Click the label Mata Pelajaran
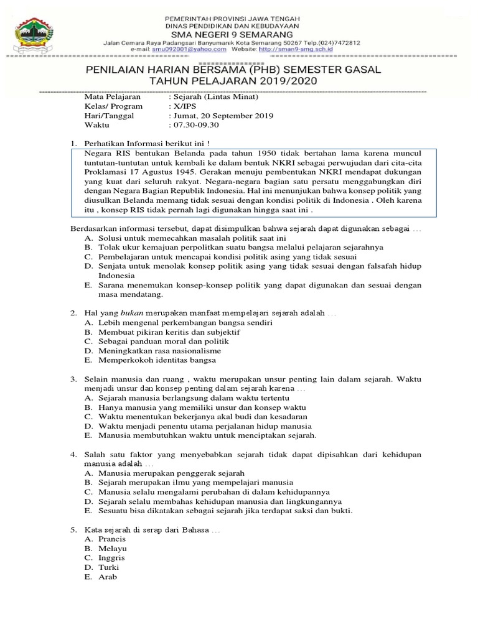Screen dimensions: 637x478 pos(113,97)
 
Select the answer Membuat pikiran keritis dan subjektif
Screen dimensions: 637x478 pos(168,332)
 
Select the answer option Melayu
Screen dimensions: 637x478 pos(113,549)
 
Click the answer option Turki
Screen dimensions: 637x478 pos(109,567)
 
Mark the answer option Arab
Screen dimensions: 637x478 pos(108,577)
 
